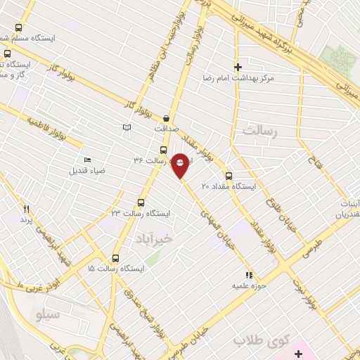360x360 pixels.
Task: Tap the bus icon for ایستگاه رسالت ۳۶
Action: pyautogui.click(x=163, y=150)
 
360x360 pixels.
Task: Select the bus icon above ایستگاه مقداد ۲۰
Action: pyautogui.click(x=229, y=176)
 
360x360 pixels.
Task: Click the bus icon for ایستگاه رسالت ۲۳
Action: pyautogui.click(x=141, y=202)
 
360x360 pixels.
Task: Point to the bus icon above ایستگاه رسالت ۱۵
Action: pyautogui.click(x=116, y=258)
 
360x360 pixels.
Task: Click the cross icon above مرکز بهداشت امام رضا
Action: pyautogui.click(x=238, y=66)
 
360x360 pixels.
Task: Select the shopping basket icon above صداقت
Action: pyautogui.click(x=166, y=118)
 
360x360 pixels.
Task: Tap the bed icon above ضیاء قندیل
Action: pyautogui.click(x=87, y=160)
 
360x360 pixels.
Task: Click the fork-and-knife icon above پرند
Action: pyautogui.click(x=27, y=209)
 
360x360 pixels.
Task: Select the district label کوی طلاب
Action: pyautogui.click(x=251, y=340)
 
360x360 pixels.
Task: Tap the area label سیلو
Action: pyautogui.click(x=49, y=314)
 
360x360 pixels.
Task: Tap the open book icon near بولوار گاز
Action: pyautogui.click(x=127, y=127)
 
